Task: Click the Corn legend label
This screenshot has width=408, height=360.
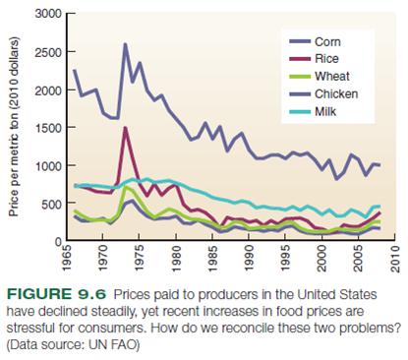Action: tap(328, 41)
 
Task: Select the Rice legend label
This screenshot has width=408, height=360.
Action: tap(327, 59)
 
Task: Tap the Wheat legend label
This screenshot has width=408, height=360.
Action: tap(332, 76)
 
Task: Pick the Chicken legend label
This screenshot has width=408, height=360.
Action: tap(336, 93)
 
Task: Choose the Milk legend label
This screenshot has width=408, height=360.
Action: tap(326, 111)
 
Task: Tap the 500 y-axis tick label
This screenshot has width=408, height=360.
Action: tap(50, 203)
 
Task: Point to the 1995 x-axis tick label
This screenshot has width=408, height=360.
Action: tap(286, 262)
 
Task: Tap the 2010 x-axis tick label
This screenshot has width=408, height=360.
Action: tap(394, 262)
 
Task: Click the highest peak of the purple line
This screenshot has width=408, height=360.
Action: tap(125, 44)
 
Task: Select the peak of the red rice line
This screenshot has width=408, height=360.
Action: tap(125, 128)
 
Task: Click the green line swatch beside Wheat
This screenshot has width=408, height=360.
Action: tap(297, 76)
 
